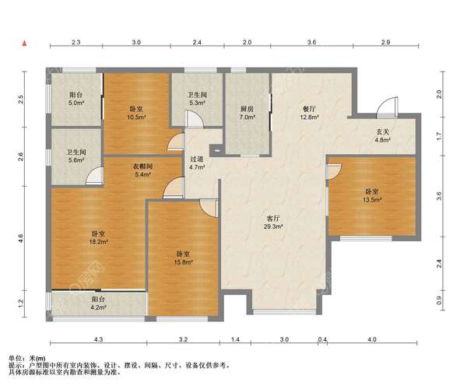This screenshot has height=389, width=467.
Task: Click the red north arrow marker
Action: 25,43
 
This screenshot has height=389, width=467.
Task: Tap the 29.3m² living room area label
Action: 273,226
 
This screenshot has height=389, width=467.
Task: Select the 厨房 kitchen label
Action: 247,109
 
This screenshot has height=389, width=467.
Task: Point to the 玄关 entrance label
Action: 383,131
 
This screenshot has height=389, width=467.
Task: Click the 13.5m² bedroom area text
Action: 372,200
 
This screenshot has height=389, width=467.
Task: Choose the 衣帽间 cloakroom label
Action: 142,166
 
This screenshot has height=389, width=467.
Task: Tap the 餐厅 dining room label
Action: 310,109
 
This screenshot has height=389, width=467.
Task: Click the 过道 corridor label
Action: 197,159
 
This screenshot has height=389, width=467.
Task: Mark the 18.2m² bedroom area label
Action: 99,242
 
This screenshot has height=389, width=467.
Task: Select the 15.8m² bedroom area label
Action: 183,262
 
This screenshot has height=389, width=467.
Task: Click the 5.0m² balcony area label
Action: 76,103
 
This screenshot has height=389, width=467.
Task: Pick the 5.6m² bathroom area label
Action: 76,160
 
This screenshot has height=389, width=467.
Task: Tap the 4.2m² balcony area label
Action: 98,307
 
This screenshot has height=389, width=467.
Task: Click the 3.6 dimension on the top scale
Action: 312,42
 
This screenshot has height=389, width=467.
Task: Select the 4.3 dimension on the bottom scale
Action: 99,339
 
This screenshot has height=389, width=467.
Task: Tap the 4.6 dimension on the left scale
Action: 20,238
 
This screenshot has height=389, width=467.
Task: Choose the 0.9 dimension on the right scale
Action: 439,300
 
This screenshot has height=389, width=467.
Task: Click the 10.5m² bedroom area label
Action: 136,117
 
